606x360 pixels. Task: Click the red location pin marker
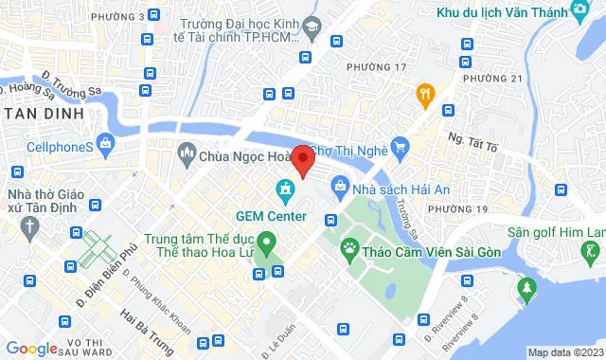point(302,160)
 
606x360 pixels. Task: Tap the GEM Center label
point(271,215)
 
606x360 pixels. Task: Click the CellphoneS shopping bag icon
point(105,146)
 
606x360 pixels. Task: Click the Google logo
point(32,349)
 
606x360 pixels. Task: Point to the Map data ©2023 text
point(564,352)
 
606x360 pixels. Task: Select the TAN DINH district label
point(42,114)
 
